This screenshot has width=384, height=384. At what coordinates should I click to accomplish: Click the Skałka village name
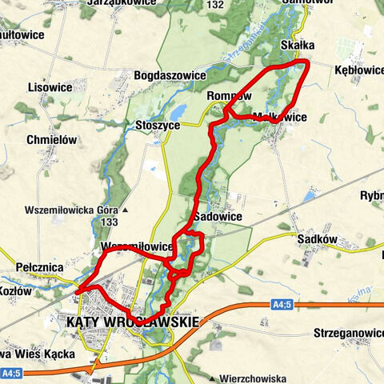298,46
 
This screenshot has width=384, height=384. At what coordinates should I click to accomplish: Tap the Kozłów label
16,291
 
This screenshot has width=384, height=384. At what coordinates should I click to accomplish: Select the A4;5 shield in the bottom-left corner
10,373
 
